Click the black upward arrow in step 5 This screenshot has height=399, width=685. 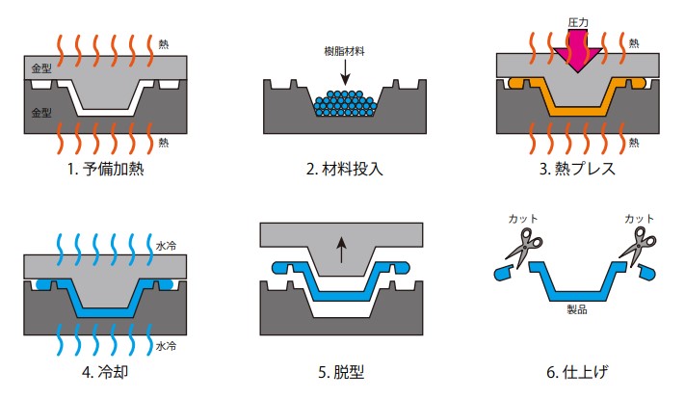pos(339,253)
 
